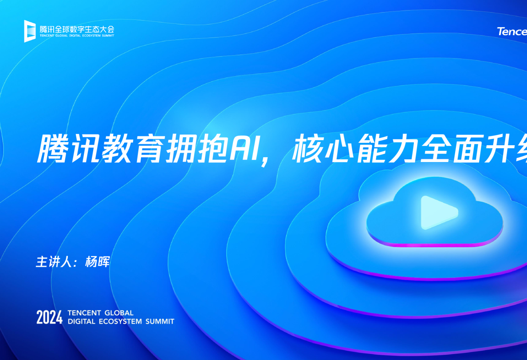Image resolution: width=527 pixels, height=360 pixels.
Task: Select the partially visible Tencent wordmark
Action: point(512,32)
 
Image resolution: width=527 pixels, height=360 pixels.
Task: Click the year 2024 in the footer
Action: point(49,317)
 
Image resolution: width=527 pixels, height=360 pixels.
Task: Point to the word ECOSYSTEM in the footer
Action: point(120,321)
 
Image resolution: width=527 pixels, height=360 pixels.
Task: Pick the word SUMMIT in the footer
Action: point(160,321)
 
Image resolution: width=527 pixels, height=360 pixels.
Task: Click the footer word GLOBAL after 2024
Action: point(118,313)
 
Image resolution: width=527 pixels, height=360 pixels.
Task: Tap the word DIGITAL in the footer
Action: point(82,321)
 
